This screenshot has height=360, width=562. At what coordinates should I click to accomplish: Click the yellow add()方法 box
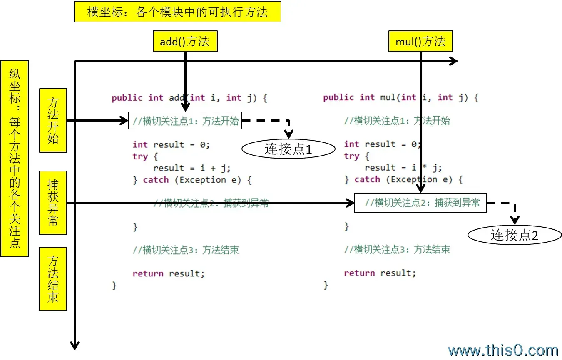(185, 41)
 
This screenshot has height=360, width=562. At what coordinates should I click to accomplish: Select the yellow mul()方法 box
(420, 41)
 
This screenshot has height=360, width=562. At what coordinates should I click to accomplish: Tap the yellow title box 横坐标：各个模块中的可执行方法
(177, 12)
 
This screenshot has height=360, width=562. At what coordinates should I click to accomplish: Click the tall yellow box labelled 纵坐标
(15, 158)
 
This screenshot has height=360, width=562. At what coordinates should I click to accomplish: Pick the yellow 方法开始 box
(53, 120)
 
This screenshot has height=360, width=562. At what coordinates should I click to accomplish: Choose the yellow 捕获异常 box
(53, 202)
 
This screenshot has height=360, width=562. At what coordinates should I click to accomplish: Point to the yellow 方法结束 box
(53, 279)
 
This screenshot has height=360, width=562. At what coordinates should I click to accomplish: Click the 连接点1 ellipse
(288, 149)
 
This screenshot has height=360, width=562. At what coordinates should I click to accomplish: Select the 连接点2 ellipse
(515, 235)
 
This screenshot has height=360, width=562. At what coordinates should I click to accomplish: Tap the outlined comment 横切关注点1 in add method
(185, 121)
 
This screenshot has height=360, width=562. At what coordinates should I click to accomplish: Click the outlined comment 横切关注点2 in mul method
(420, 203)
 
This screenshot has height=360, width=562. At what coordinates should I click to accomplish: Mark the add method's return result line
(169, 273)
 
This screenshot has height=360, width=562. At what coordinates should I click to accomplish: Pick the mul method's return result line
(380, 273)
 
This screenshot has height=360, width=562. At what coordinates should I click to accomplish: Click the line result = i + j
(191, 168)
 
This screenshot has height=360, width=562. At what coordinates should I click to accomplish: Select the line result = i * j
(403, 168)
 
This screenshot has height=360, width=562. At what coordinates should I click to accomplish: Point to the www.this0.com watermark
(503, 350)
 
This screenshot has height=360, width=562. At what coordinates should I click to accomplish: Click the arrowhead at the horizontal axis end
(454, 61)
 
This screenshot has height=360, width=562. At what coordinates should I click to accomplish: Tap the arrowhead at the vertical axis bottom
(75, 345)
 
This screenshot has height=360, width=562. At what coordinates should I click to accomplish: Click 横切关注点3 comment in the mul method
(397, 249)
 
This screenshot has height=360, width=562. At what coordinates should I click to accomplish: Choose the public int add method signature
(189, 98)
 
